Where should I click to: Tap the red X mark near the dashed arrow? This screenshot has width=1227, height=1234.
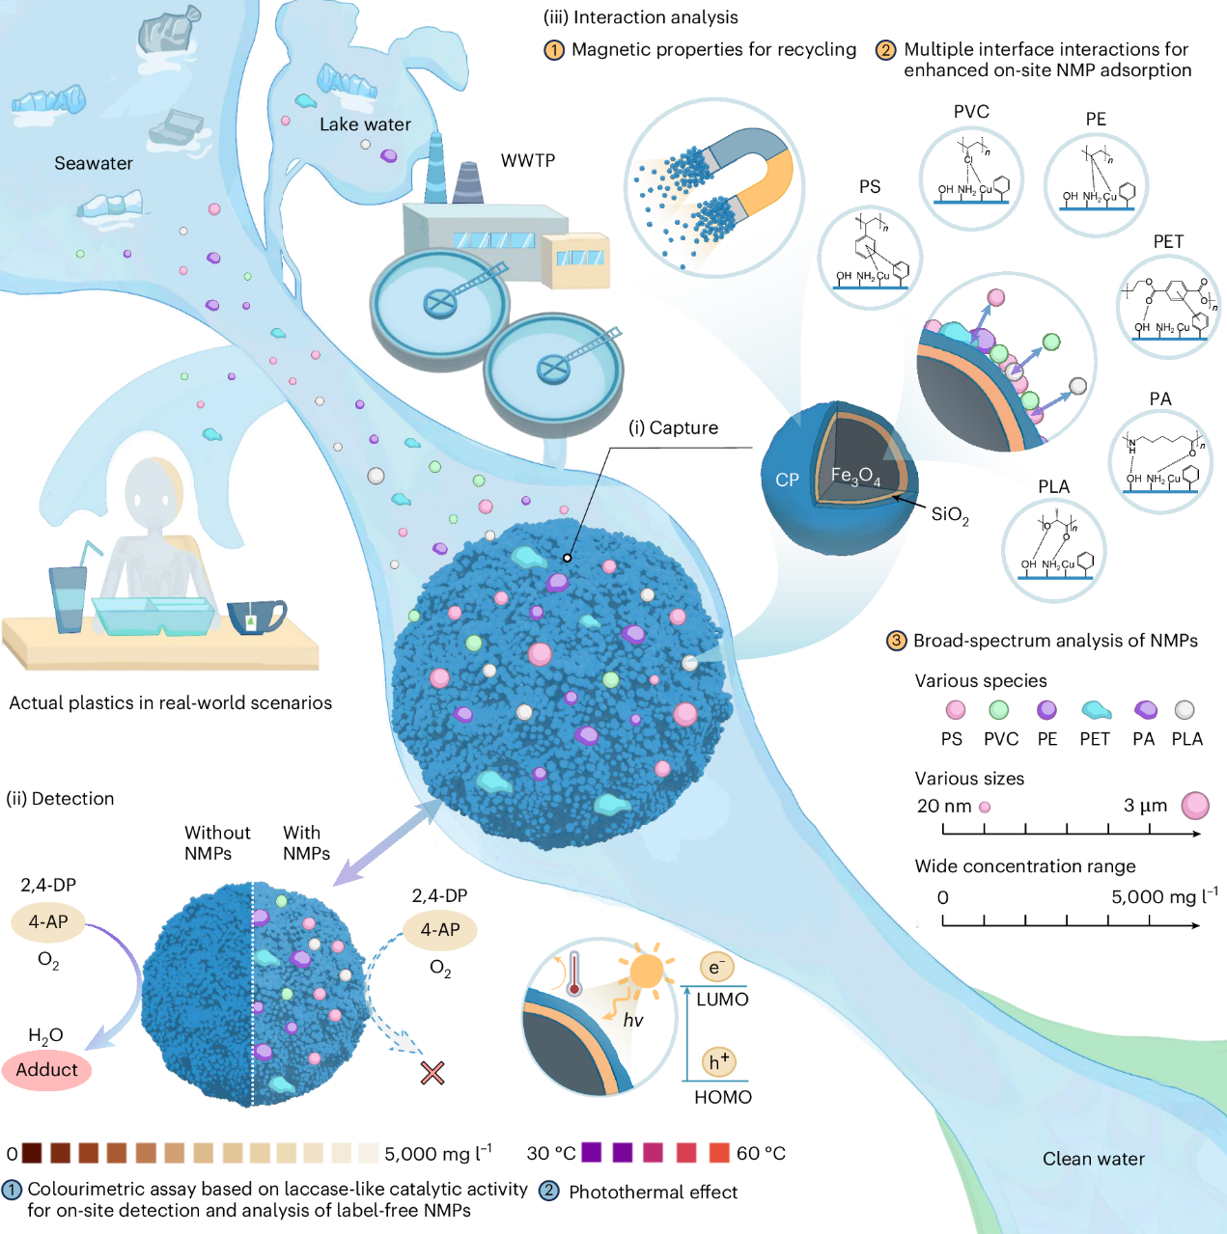coord(432,1072)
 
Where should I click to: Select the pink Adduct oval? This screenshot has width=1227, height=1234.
coord(46,1069)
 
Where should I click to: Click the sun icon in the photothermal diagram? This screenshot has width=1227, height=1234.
coord(646,971)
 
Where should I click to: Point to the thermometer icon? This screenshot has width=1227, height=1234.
coord(574,973)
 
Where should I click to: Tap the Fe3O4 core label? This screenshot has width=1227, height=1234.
coord(855,476)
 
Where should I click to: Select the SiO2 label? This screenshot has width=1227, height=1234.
coord(949,514)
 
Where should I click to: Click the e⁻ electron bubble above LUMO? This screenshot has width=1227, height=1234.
coord(716,967)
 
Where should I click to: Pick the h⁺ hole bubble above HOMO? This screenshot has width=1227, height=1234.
coord(718,1062)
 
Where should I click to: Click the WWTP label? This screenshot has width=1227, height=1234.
coord(528,160)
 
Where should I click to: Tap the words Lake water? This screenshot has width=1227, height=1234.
coord(365,124)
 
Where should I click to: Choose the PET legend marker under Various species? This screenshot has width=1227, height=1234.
coord(1096,711)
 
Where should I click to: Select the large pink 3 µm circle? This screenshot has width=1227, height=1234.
coord(1195,805)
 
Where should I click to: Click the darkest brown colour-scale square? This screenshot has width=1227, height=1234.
coord(32,1153)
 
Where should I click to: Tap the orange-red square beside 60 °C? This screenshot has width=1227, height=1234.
coord(719,1152)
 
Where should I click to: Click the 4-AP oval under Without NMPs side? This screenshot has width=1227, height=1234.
coord(47,921)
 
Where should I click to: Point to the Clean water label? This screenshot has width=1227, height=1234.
coord(1093,1159)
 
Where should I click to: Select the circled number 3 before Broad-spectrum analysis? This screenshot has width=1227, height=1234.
coord(897,641)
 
